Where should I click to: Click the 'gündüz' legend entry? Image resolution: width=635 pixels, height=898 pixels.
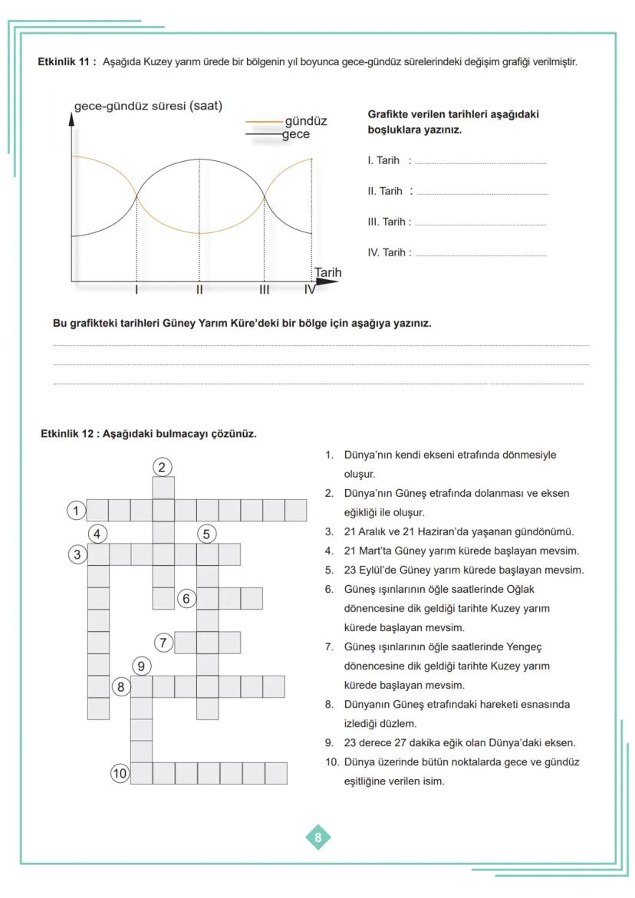305,121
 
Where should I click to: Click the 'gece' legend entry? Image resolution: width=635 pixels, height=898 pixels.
295,134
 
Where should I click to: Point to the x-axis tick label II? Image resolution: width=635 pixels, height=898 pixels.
199,290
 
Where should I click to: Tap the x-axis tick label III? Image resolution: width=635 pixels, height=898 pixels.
264,290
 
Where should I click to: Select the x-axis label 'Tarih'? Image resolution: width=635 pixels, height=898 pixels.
327,273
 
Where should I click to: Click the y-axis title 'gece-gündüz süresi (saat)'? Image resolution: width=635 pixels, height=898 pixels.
148,106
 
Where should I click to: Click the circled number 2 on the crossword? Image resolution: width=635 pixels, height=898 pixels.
162,466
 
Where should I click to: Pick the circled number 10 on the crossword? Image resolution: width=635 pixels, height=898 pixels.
120,773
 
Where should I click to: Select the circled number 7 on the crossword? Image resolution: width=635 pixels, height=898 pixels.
163,643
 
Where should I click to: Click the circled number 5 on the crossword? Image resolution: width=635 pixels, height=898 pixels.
206,534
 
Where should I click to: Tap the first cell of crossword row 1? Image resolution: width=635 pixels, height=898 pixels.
97,510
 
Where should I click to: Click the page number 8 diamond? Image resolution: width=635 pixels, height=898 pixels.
318,837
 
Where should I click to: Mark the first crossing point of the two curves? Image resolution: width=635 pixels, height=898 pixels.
137,196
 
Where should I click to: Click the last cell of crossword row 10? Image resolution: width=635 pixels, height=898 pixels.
276,773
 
